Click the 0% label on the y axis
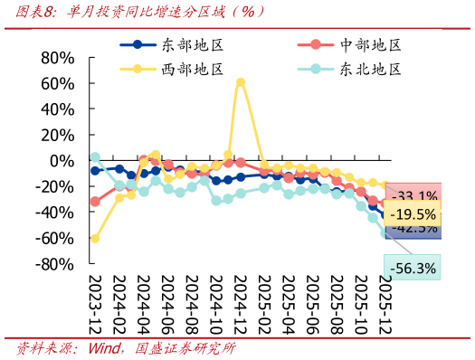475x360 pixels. [x=62, y=161]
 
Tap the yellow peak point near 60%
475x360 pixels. [x=241, y=82]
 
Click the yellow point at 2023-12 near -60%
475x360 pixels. [x=95, y=239]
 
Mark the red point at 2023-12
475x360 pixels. [x=95, y=201]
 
